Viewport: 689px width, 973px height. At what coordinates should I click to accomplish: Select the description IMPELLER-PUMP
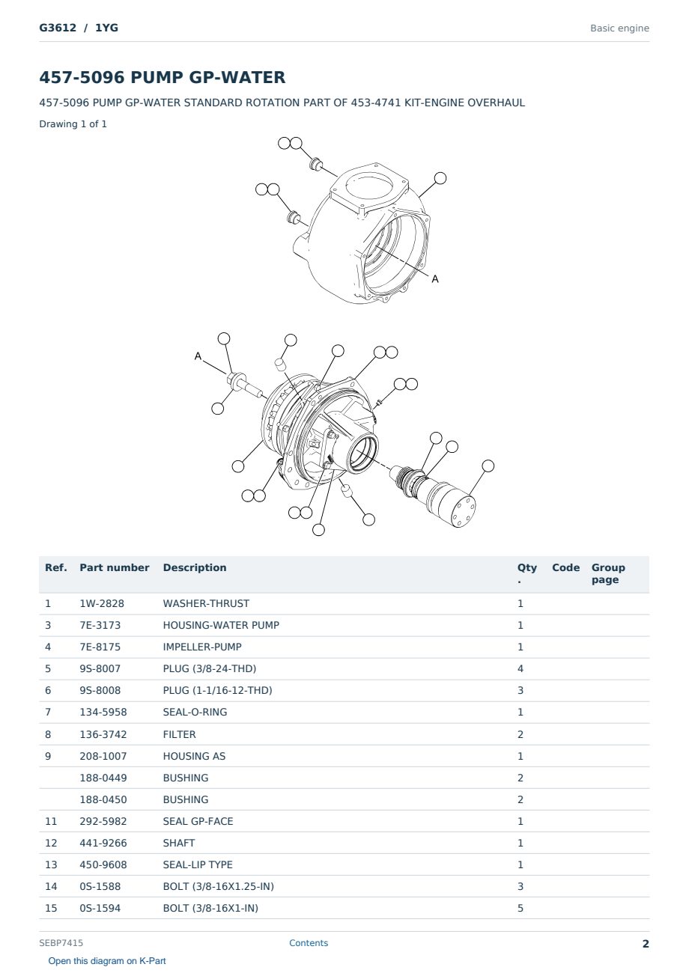[202, 647]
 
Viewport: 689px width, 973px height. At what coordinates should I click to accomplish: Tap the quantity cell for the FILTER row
[520, 734]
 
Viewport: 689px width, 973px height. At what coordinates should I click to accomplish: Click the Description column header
[195, 567]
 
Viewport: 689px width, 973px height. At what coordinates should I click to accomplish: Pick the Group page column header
[608, 573]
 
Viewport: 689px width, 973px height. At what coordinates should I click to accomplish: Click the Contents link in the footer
[309, 943]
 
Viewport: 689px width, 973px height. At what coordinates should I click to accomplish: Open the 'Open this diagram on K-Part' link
[107, 961]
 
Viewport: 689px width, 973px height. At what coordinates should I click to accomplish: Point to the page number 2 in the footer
[646, 944]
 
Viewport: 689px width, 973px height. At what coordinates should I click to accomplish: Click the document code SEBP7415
[61, 943]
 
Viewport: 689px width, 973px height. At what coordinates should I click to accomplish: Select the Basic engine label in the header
[619, 28]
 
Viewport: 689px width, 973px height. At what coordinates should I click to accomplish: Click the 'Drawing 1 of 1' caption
[73, 124]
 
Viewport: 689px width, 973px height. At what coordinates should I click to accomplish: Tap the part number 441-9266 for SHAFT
[103, 843]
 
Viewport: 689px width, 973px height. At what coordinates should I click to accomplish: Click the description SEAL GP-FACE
[198, 821]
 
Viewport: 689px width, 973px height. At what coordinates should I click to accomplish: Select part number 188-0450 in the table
[103, 799]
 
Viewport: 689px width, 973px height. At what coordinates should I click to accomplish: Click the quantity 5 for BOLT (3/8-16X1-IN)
[520, 909]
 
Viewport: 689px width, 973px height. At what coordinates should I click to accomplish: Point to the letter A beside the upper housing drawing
[435, 279]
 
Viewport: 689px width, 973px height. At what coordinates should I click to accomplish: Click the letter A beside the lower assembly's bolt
[198, 356]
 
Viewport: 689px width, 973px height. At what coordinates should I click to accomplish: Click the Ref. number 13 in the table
[51, 864]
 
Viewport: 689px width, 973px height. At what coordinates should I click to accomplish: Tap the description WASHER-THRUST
[206, 603]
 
